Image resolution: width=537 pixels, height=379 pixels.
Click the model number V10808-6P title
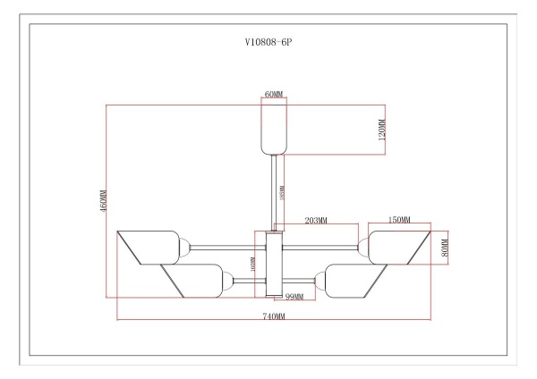point(268,42)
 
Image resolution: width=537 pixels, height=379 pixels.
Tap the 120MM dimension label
point(381,131)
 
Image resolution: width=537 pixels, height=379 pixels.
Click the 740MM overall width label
point(274,316)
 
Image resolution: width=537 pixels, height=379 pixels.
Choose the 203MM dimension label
point(316,220)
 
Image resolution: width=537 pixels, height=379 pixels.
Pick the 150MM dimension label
point(399,220)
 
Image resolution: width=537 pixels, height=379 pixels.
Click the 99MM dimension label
point(294,297)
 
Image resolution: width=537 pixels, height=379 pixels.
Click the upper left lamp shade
point(148,247)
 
